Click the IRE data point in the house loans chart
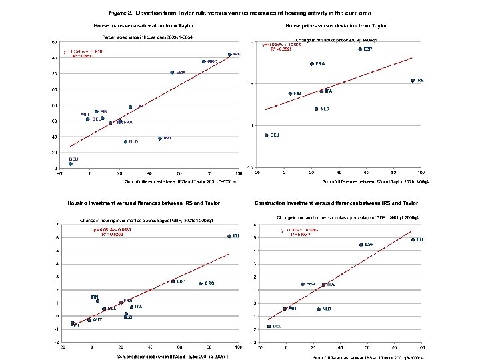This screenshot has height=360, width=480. coord(229,54)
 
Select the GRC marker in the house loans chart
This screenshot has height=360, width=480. coord(204,61)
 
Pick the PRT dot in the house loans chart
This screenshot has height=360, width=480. coord(160,138)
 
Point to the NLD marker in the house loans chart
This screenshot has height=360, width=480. coord(125,141)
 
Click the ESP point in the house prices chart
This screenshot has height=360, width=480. coord(360,49)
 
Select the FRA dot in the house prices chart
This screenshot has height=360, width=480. coord(312,64)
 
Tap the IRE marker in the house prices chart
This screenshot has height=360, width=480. coord(413,80)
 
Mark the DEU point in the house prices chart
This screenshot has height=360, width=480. coord(267,135)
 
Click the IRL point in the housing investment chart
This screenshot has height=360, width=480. coord(229,236)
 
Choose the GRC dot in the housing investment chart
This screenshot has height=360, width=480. coord(200,283)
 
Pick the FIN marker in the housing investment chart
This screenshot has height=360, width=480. coord(97,301)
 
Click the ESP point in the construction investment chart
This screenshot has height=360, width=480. coord(361,245)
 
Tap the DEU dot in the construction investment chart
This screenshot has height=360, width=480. coord(269,326)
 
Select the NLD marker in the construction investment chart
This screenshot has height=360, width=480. coord(319,309)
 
